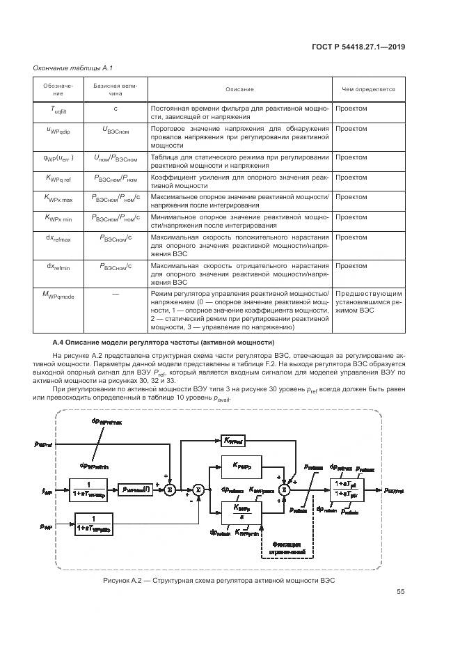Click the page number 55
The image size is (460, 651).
pyautogui.click(x=400, y=592)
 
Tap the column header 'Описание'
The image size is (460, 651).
pyautogui.click(x=239, y=90)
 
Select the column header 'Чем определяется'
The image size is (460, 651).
pyautogui.click(x=367, y=90)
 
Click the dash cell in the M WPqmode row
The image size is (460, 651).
pyautogui.click(x=116, y=295)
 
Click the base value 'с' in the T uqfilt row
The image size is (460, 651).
pyautogui.click(x=116, y=109)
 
